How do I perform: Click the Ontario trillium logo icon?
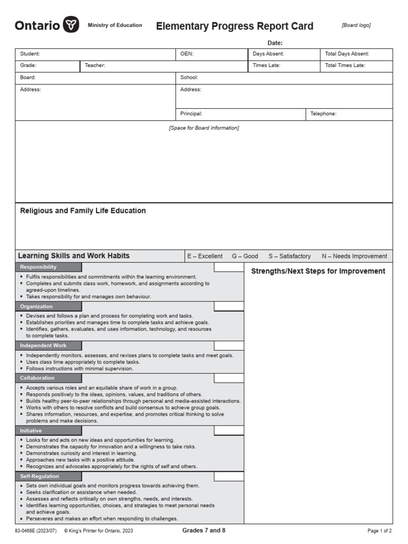(71, 25)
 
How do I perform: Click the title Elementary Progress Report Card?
(234, 26)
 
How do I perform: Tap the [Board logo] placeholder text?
(356, 25)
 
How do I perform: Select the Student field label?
(30, 54)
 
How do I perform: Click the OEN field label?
(186, 54)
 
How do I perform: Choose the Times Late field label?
(266, 65)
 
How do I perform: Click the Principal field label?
(191, 114)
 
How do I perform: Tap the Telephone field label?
(323, 114)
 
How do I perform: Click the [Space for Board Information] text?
(204, 128)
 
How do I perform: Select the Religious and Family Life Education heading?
(83, 211)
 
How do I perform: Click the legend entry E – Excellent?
(205, 256)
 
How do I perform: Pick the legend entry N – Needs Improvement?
(354, 256)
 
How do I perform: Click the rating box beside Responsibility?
(229, 267)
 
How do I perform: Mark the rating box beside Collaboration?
(229, 378)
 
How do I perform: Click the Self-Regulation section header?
(40, 477)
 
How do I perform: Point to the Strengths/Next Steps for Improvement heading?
(318, 271)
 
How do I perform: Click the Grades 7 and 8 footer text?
(204, 530)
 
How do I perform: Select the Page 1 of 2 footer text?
(379, 531)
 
